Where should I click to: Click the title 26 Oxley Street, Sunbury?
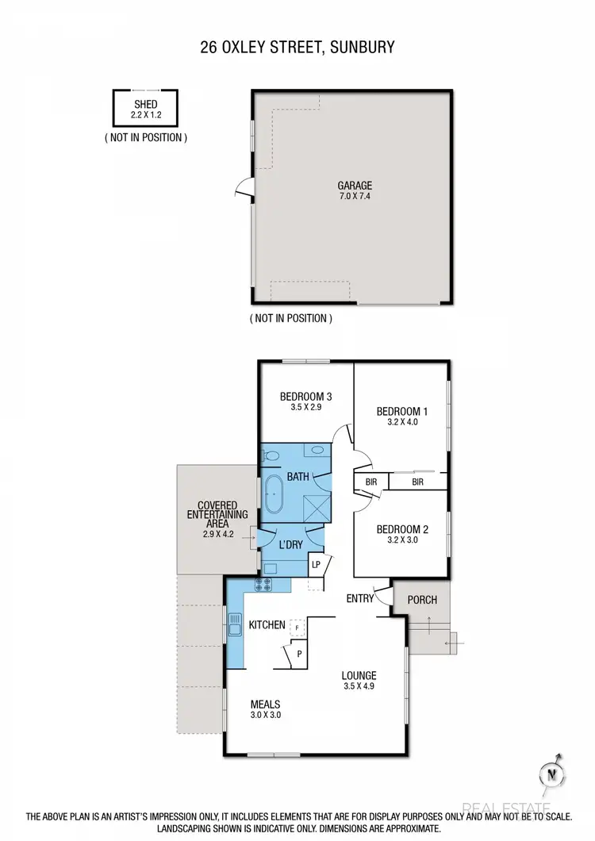(x=297, y=48)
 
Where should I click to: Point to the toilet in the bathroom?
(x=271, y=455)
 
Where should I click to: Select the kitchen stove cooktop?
(x=263, y=585)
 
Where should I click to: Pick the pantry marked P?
(x=299, y=655)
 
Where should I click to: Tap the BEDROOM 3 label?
(x=305, y=397)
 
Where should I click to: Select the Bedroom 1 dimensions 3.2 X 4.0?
(x=401, y=422)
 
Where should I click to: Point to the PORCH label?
(x=422, y=600)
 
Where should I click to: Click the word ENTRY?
(x=359, y=598)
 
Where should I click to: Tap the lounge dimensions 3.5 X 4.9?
(x=359, y=686)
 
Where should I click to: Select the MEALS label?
(x=265, y=704)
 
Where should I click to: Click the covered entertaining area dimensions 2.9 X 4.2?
(x=216, y=535)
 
